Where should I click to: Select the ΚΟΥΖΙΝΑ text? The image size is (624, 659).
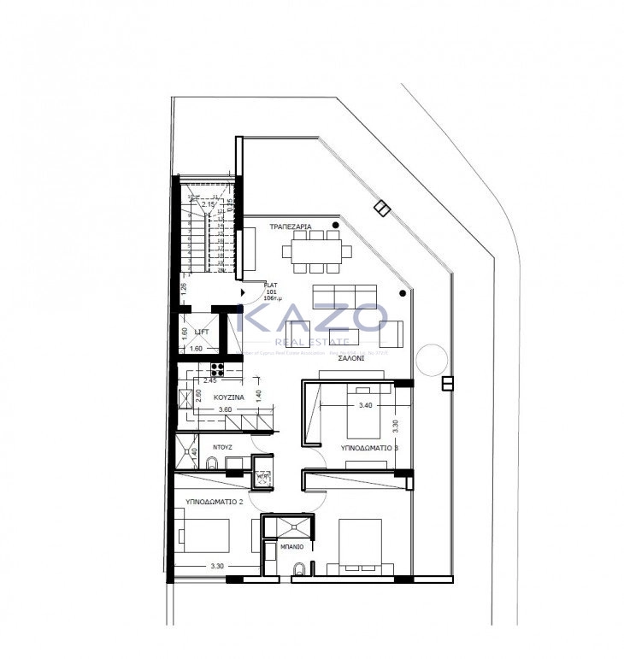pyautogui.click(x=230, y=397)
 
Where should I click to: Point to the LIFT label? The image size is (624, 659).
pyautogui.click(x=202, y=332)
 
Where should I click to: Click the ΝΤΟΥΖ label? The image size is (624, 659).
pyautogui.click(x=223, y=446)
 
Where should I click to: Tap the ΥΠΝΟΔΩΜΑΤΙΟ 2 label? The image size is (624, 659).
pyautogui.click(x=215, y=502)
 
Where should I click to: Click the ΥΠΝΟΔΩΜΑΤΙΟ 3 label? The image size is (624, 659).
pyautogui.click(x=366, y=447)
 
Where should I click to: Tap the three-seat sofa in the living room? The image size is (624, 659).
pyautogui.click(x=337, y=290)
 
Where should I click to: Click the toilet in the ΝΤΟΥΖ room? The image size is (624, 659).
pyautogui.click(x=211, y=463)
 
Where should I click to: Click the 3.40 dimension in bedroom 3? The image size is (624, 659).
pyautogui.click(x=365, y=405)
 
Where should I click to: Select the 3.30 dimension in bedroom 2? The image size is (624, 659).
pyautogui.click(x=217, y=567)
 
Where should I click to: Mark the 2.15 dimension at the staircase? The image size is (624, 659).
pyautogui.click(x=208, y=204)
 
